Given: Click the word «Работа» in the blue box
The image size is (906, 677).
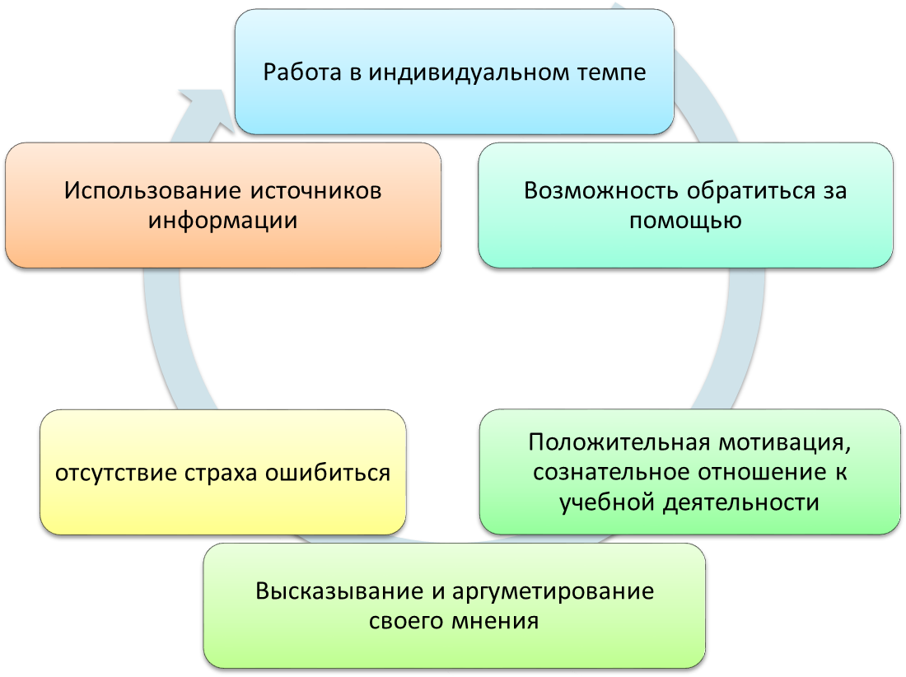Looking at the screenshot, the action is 302,72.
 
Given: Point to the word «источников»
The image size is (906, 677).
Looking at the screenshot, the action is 315,190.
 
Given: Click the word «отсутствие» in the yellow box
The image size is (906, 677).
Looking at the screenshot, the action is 117,473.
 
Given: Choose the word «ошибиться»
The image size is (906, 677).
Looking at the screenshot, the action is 328,473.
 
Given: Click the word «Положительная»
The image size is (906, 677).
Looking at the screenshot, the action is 619,442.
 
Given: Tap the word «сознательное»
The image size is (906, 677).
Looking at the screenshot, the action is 612,473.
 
